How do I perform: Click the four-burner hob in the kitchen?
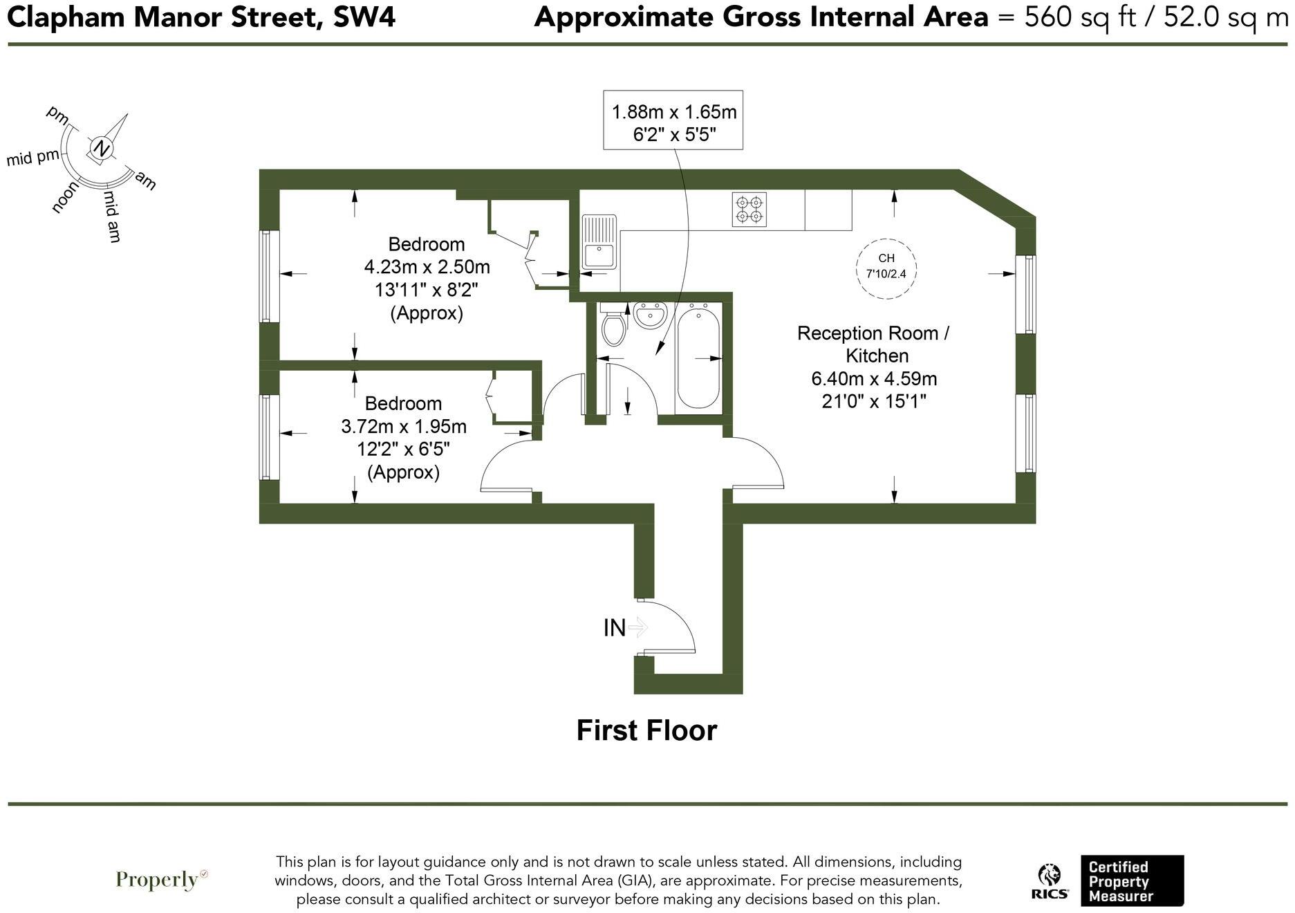pyautogui.click(x=749, y=209)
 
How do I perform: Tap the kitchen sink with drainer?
pyautogui.click(x=599, y=242)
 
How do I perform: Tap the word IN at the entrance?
pyautogui.click(x=614, y=628)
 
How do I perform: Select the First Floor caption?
pyautogui.click(x=646, y=730)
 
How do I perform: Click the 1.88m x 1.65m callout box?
pyautogui.click(x=673, y=120)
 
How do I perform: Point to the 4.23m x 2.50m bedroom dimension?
pyautogui.click(x=427, y=267)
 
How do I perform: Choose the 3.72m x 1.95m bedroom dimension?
pyautogui.click(x=403, y=427)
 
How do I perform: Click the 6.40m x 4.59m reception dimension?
pyautogui.click(x=874, y=379)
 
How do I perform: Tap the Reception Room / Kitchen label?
pyautogui.click(x=874, y=344)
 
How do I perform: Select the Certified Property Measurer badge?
pyautogui.click(x=1132, y=880)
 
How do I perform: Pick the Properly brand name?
pyautogui.click(x=158, y=880)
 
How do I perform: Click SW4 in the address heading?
pyautogui.click(x=364, y=17)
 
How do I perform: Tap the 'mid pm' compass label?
pyautogui.click(x=33, y=158)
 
